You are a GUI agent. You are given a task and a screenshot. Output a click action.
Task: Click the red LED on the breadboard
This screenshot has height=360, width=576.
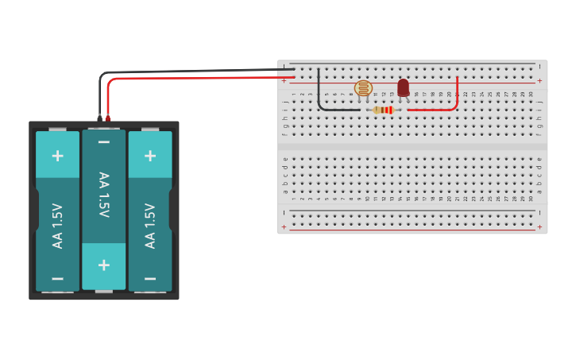point(404,87)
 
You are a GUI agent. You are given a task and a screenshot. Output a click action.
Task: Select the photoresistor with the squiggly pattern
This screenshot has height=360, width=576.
point(363,88)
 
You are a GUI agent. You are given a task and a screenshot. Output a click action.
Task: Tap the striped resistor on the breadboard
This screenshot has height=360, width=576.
point(384,110)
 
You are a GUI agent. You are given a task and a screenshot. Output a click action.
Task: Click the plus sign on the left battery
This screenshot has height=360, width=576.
point(57,155)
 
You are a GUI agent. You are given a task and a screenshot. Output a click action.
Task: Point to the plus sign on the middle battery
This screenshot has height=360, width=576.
point(104,265)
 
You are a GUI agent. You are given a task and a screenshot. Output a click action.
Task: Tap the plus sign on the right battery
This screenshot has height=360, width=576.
point(150,155)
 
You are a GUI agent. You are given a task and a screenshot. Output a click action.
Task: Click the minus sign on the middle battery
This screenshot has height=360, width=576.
point(104,142)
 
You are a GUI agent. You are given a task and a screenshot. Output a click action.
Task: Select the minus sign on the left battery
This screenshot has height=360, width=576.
point(57,278)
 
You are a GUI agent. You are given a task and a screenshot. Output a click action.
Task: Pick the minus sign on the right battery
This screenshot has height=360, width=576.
point(150,278)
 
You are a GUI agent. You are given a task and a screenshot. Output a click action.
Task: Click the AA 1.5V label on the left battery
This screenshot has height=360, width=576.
point(57,226)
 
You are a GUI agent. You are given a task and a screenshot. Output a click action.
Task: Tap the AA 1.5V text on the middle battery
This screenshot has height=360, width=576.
point(104,195)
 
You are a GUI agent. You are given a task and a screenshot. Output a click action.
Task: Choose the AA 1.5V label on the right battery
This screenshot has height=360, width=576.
point(150,226)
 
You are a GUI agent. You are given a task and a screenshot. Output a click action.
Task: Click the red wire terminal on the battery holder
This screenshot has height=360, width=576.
point(108,118)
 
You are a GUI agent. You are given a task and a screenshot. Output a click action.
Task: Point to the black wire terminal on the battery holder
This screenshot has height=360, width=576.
point(100,118)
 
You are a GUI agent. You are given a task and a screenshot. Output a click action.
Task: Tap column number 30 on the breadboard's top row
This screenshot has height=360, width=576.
point(531,94)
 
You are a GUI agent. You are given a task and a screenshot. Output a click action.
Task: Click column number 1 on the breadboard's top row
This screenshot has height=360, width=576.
point(294,94)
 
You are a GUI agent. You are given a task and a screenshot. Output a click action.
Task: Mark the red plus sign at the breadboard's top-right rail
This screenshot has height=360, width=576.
point(540,81)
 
